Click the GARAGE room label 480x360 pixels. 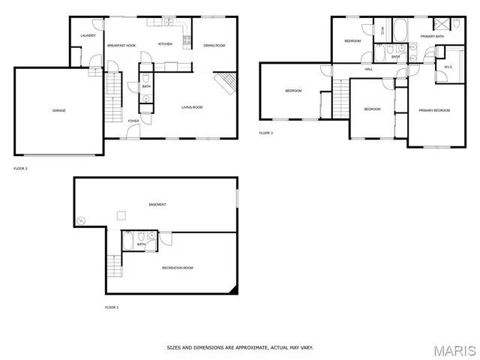tap(58, 111)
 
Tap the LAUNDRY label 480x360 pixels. tap(88, 35)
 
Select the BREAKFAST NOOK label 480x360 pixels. tap(121, 46)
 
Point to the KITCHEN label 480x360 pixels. tap(165, 44)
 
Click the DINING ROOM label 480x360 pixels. tap(214, 46)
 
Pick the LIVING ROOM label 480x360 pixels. tap(192, 107)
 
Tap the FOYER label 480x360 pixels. tap(133, 121)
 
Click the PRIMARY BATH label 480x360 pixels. tap(432, 36)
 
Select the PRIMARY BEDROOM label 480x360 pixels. tap(434, 110)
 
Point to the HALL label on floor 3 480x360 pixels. tap(369, 69)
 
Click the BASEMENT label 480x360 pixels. tap(157, 204)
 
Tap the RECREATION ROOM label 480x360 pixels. tap(178, 268)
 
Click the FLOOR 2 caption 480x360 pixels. tap(20, 169)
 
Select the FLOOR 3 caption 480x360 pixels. tap(266, 133)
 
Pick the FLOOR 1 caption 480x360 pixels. tap(112, 307)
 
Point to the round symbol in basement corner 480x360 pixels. tap(81, 220)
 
